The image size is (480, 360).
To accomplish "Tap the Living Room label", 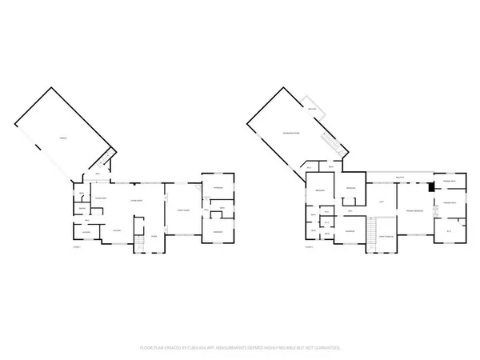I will (136, 200).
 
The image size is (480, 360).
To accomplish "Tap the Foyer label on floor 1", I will (155, 237).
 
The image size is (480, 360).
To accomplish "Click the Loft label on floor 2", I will (382, 202).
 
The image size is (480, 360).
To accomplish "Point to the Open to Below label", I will (385, 237).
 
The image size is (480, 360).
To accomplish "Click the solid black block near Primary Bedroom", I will (430, 187).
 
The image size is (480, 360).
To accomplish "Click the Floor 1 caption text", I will (77, 247).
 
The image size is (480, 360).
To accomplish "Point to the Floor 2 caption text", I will (310, 247).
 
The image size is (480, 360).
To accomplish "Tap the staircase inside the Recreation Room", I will (329, 145).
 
